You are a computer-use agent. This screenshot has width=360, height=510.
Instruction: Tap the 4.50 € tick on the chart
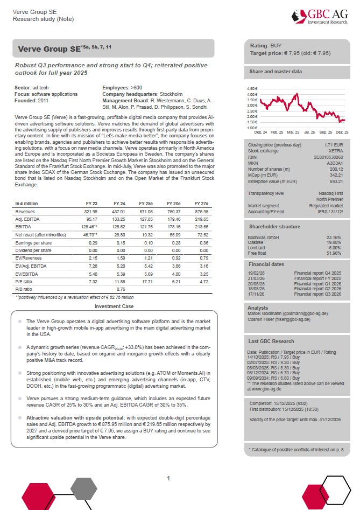(x=252, y=88)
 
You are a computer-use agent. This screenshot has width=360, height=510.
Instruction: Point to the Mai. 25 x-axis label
(x=293, y=131)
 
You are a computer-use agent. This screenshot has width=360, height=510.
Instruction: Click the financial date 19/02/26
(x=257, y=274)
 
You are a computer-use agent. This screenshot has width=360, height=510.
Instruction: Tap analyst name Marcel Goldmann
(x=266, y=313)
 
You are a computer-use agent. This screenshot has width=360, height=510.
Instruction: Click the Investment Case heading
(x=114, y=306)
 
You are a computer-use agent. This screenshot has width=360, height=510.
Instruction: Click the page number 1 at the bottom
(x=169, y=478)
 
